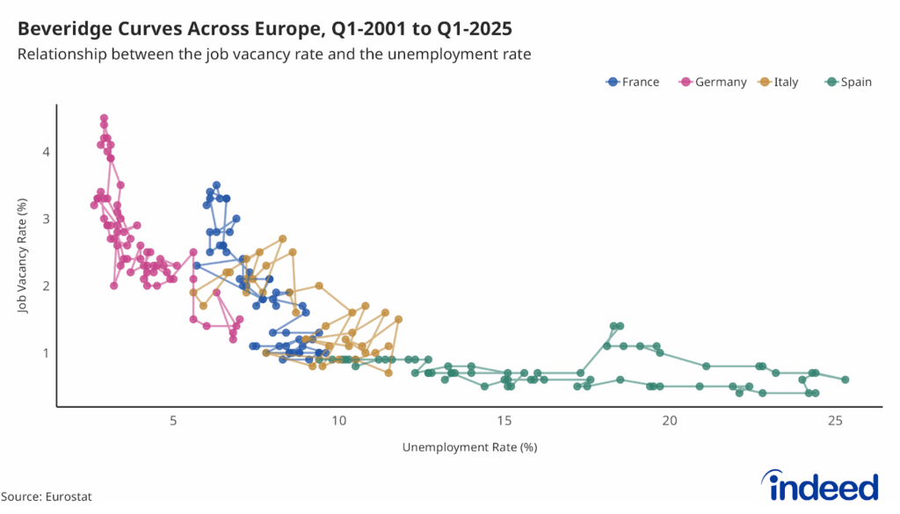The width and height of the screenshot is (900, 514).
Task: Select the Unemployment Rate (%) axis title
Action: pos(469,447)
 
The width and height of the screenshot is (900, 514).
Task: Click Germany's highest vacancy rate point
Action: pos(104,118)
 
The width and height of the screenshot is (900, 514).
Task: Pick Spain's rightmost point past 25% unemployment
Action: pos(845,380)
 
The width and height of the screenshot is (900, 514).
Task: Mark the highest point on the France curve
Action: pos(216,185)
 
